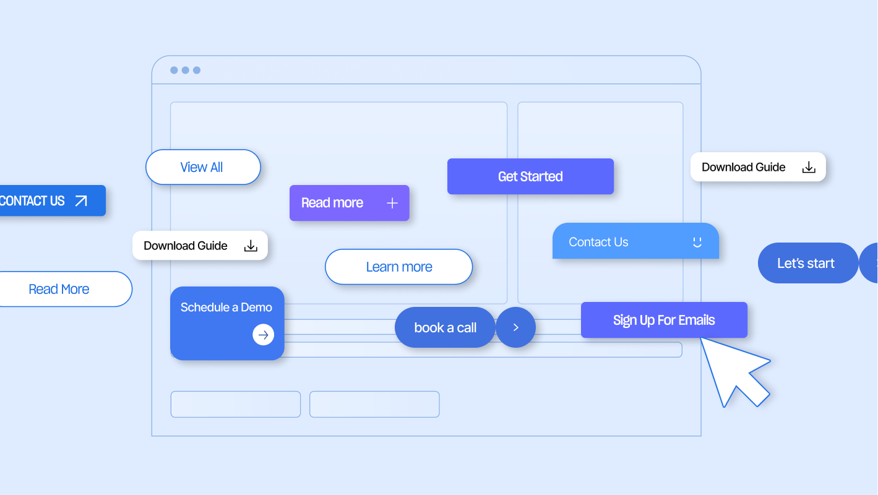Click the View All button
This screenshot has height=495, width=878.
point(203,167)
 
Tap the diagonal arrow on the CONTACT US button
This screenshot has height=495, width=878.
point(81,201)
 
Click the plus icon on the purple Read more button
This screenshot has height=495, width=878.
point(392,203)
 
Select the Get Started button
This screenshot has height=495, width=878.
point(530,176)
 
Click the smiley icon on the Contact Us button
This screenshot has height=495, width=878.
point(697,243)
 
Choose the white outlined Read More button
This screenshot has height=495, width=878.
point(59,289)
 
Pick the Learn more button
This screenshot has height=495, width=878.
point(398,267)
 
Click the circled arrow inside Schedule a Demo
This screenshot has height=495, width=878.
point(263,335)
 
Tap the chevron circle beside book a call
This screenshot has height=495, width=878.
point(515,327)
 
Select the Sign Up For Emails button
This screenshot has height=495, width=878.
point(663,320)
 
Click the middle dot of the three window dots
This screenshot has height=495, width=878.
point(185,71)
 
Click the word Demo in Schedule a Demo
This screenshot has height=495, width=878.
point(256,307)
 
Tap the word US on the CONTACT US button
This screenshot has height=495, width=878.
point(57,201)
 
